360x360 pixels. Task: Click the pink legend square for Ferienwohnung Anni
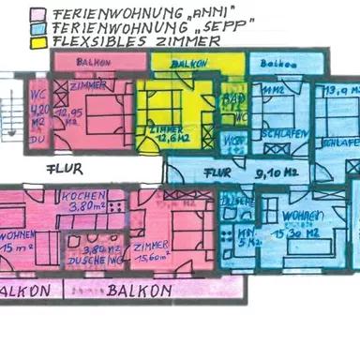(37, 15)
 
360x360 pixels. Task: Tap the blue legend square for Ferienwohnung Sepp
(37, 28)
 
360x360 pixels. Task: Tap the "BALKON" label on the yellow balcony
(190, 62)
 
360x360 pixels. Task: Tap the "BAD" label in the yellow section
(232, 97)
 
